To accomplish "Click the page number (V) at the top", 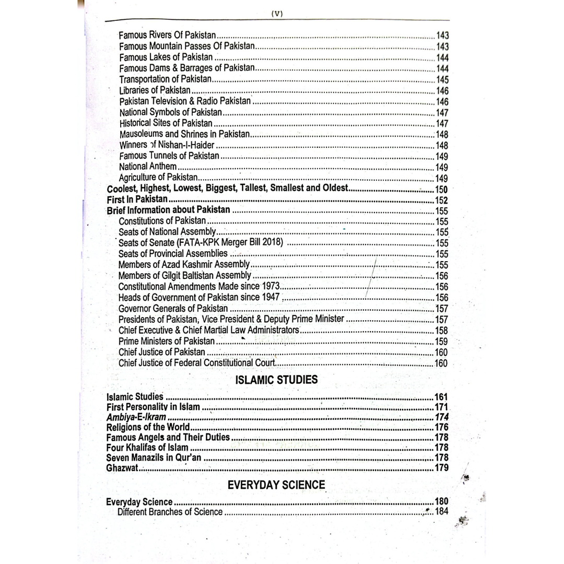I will point(277,14).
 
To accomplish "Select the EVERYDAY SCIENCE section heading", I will point(276,485).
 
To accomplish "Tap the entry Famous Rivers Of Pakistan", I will point(167,36).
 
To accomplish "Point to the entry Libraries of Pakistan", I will point(155,91).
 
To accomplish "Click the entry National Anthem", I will point(148,167).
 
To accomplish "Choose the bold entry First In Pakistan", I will point(137,199).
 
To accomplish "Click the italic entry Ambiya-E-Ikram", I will point(136,417).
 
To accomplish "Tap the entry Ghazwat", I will point(122,467).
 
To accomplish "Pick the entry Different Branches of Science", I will point(170,512).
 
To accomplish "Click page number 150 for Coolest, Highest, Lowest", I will point(441,189).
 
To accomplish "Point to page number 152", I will point(441,200).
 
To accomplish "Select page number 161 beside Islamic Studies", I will point(441,397).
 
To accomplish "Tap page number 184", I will point(442,512).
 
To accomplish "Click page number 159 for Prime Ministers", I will point(441,342).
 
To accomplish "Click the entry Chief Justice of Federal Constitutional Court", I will point(197,363).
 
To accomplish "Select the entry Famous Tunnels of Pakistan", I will point(169,156).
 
